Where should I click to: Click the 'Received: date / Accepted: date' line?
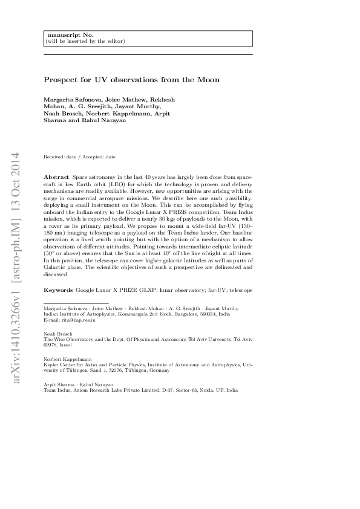(80, 157)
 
